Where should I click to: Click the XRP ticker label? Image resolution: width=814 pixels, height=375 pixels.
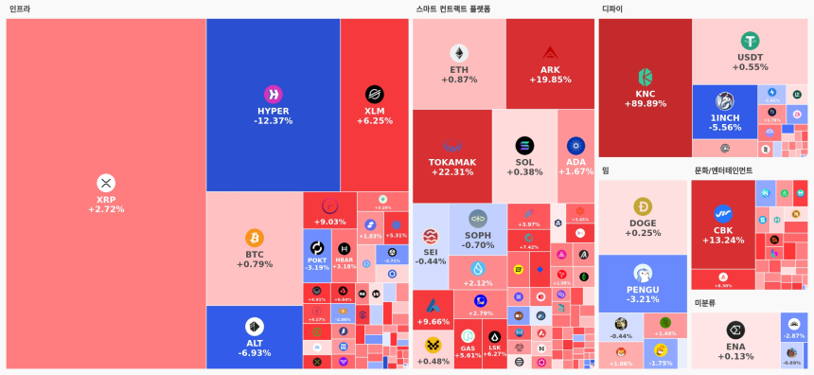click(x=106, y=199)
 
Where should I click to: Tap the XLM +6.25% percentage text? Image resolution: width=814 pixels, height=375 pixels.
click(x=375, y=121)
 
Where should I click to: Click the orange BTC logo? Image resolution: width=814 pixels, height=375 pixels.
click(x=255, y=237)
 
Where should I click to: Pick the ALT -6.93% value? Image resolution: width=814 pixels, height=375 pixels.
click(x=255, y=353)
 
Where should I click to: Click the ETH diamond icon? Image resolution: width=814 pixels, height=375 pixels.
click(x=459, y=53)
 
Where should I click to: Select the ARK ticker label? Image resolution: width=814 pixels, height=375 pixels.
click(x=550, y=70)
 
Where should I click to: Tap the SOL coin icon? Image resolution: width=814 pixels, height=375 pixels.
click(x=524, y=146)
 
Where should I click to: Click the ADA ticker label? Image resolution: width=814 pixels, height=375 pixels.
click(x=575, y=162)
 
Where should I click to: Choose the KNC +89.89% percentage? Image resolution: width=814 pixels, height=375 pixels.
click(x=646, y=104)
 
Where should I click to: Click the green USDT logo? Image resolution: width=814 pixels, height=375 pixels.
click(x=751, y=41)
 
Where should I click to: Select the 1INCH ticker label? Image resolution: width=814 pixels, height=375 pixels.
click(x=725, y=117)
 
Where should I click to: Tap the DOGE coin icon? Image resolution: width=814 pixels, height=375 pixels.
click(x=643, y=206)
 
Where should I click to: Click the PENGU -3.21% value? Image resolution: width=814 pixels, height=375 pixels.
click(x=643, y=299)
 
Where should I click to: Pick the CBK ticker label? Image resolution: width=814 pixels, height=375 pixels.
click(x=723, y=230)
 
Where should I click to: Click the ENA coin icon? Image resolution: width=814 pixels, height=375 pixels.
click(x=735, y=330)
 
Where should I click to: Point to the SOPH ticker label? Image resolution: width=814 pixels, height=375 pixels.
click(x=478, y=235)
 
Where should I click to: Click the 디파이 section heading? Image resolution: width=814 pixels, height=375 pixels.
click(x=612, y=9)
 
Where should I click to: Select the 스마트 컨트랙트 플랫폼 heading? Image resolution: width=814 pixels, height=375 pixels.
click(x=453, y=9)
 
